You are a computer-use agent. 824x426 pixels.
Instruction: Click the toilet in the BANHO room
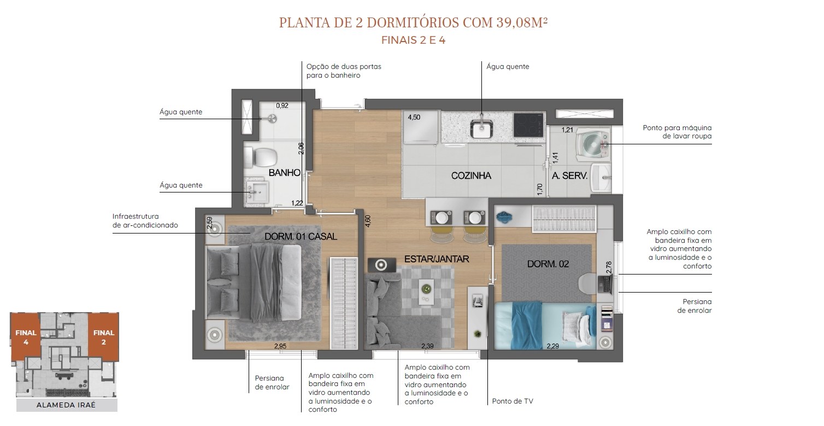click(261, 157)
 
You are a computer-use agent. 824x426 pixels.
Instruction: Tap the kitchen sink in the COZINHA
click(481, 129)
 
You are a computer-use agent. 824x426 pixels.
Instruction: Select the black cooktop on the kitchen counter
click(528, 125)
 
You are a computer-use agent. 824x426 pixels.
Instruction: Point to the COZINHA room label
click(471, 176)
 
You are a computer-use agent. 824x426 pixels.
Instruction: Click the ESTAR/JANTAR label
click(437, 259)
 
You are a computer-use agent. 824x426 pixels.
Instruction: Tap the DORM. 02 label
click(548, 264)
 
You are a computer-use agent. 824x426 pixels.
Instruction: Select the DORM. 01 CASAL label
click(301, 236)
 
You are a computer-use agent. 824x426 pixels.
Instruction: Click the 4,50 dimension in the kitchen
click(414, 118)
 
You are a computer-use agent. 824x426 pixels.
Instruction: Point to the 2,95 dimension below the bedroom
click(280, 346)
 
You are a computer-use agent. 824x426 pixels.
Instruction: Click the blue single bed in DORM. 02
click(545, 325)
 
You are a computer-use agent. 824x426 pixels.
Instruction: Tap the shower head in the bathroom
click(272, 118)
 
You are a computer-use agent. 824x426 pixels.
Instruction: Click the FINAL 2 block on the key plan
click(103, 336)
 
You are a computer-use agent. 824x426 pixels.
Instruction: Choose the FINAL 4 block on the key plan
click(25, 336)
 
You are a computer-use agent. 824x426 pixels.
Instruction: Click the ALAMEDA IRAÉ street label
click(66, 405)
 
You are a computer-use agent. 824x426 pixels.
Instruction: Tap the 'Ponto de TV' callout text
click(513, 401)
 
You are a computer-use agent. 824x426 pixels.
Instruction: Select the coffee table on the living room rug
click(426, 291)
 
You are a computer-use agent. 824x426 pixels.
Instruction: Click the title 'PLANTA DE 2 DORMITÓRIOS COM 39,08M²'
click(413, 22)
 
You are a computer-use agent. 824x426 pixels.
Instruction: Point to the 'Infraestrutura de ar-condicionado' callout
click(145, 220)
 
